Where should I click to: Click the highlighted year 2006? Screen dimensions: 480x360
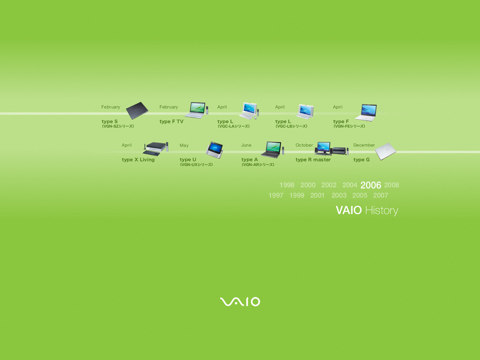tap(371, 185)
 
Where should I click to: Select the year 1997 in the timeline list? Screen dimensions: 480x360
tap(276, 195)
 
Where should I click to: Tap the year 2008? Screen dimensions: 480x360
tap(391, 185)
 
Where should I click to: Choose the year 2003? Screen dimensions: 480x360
tap(339, 195)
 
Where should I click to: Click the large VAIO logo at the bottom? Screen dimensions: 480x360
tap(240, 301)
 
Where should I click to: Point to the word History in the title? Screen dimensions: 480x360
tap(382, 211)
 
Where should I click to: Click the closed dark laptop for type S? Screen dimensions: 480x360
tap(137, 110)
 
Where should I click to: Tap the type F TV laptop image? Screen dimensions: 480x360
tap(196, 110)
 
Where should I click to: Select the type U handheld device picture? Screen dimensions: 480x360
tap(214, 150)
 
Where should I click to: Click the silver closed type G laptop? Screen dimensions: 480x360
tap(385, 151)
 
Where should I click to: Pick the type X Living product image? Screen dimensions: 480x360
tap(155, 149)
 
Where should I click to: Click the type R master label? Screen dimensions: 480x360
tap(313, 160)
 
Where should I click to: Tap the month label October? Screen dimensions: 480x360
tap(304, 145)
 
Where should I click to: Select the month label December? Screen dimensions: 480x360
tap(364, 145)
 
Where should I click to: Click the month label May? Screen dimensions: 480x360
tap(184, 145)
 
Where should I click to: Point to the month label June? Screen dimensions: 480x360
tap(246, 145)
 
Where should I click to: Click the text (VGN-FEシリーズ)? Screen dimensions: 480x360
tap(349, 126)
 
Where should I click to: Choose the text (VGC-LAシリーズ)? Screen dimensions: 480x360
tap(233, 126)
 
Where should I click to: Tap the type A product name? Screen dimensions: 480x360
tap(250, 160)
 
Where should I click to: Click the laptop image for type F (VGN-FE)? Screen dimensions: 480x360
tap(366, 112)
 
